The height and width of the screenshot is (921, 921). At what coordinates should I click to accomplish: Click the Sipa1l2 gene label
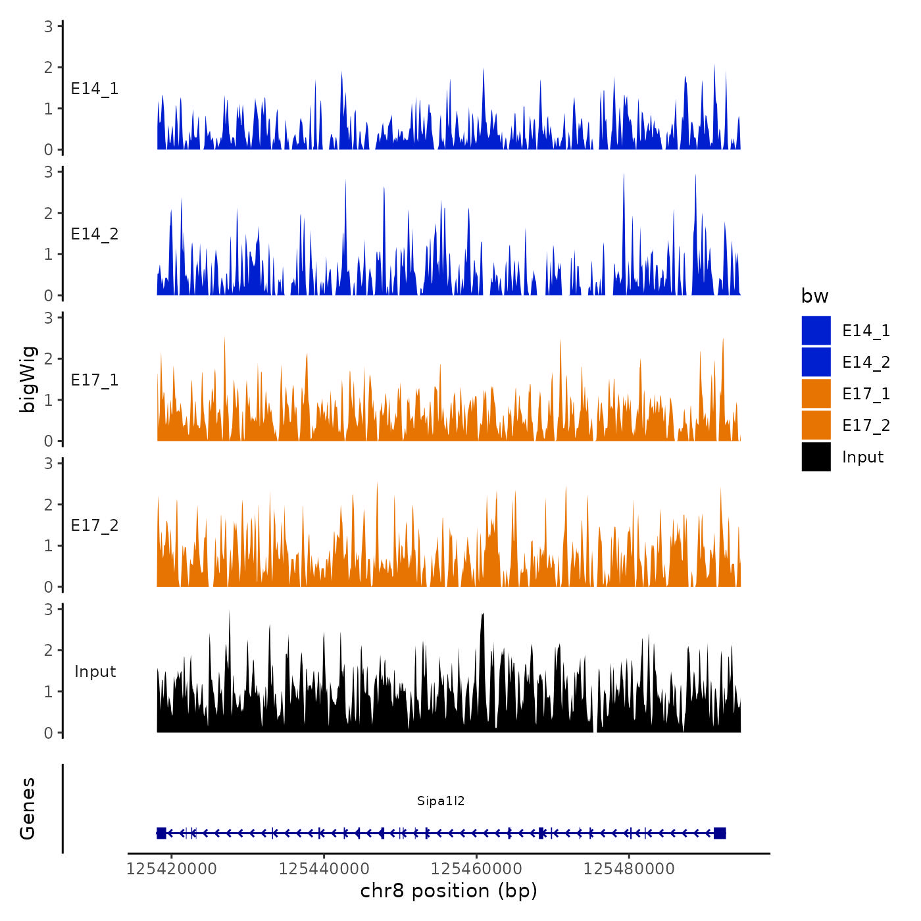[x=441, y=801]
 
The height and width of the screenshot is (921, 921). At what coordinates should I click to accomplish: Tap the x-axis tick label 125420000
[x=172, y=869]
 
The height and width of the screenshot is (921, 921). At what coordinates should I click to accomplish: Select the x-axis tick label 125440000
[x=324, y=869]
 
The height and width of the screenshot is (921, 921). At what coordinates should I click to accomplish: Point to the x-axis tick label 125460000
[x=477, y=869]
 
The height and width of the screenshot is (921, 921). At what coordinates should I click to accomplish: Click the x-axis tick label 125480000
[x=630, y=869]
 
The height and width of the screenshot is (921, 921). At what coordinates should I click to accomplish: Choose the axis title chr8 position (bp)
[x=449, y=891]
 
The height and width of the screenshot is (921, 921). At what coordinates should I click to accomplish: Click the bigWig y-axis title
[x=28, y=380]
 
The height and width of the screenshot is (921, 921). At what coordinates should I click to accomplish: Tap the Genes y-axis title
[x=28, y=809]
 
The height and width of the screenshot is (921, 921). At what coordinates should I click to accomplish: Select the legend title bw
[x=814, y=296]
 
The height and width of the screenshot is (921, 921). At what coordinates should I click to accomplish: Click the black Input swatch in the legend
[x=816, y=457]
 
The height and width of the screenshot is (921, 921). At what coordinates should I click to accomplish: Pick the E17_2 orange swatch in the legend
[x=816, y=426]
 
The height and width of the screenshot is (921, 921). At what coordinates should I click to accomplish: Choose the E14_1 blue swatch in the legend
[x=816, y=331]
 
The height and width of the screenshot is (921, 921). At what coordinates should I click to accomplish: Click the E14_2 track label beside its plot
[x=95, y=234]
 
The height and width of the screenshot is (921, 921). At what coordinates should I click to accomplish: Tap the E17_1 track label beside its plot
[x=95, y=380]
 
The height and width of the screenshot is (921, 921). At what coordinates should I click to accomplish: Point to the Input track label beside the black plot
[x=95, y=672]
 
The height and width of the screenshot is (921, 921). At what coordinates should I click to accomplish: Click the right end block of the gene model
[x=720, y=833]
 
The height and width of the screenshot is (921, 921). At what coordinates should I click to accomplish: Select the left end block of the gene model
[x=161, y=833]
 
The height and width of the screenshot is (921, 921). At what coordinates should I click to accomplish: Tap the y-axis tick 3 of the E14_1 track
[x=49, y=26]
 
